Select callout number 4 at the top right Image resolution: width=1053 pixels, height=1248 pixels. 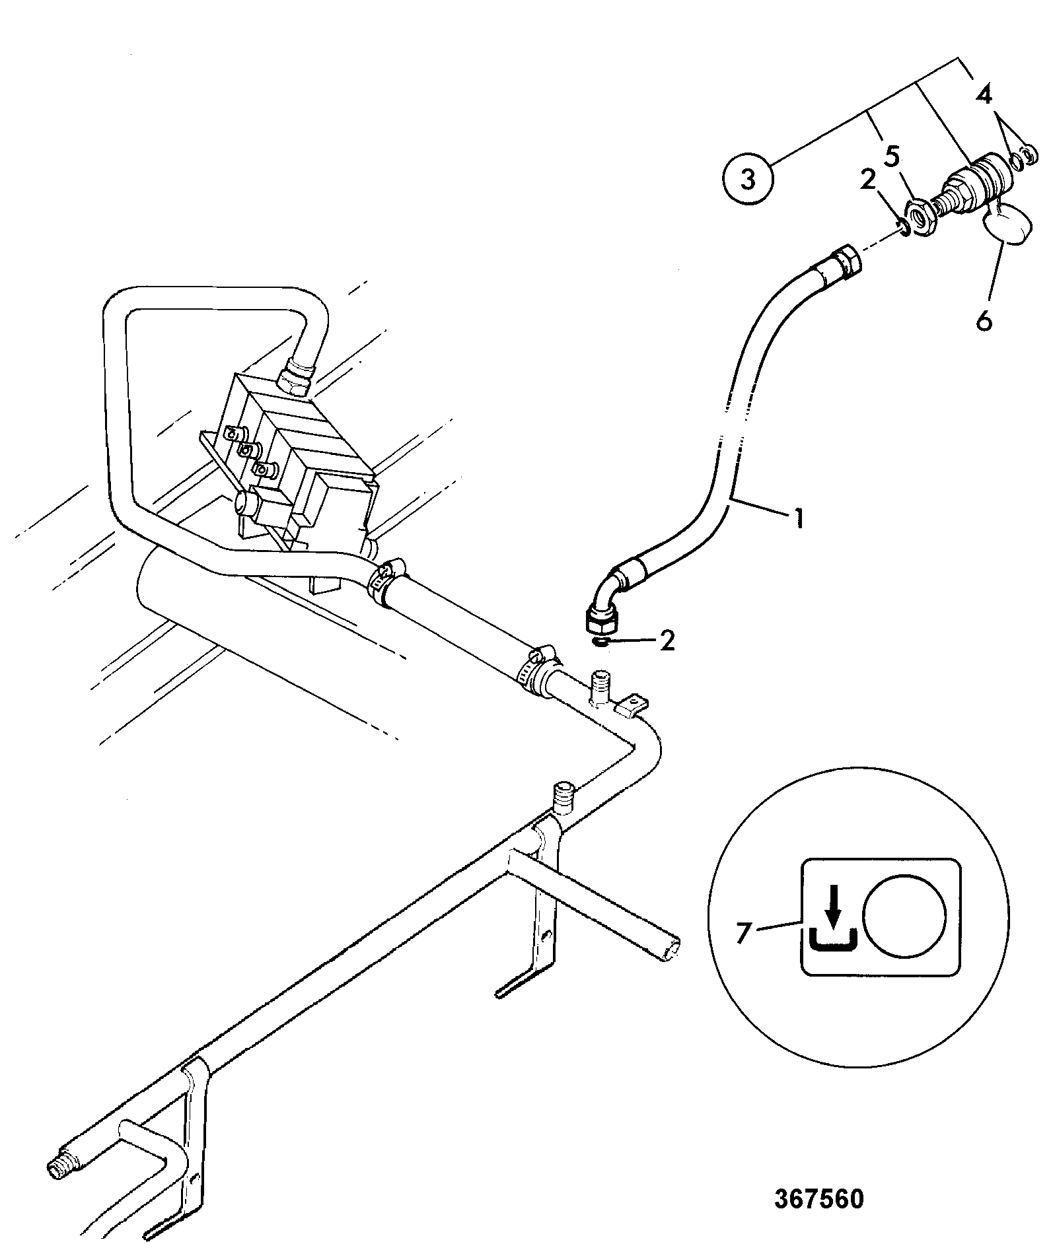pyautogui.click(x=984, y=96)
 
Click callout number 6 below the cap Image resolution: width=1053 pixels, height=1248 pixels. pyautogui.click(x=984, y=322)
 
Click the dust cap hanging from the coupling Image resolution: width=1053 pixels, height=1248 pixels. pyautogui.click(x=1009, y=224)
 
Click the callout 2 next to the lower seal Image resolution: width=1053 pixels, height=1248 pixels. pyautogui.click(x=667, y=641)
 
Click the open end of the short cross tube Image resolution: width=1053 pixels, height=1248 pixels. pyautogui.click(x=672, y=950)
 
